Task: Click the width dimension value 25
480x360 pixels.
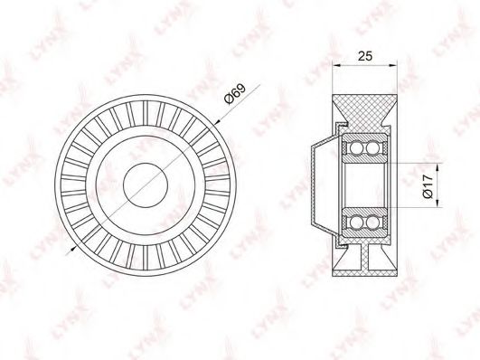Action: (x=365, y=56)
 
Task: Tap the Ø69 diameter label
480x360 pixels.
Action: (x=235, y=93)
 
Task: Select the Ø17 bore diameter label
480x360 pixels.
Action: (x=428, y=185)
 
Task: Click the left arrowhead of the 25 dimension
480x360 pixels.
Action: (x=336, y=65)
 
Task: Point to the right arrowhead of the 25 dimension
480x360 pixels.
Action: (x=393, y=65)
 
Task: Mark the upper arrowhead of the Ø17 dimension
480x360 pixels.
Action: (x=438, y=168)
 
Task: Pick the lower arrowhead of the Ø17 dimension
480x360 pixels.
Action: (x=438, y=204)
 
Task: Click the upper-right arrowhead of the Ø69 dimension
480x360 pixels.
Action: (x=217, y=122)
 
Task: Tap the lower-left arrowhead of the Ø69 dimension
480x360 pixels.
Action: (x=72, y=249)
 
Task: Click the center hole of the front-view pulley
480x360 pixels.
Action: (x=146, y=185)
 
